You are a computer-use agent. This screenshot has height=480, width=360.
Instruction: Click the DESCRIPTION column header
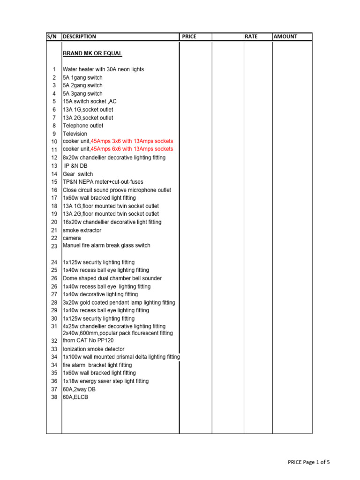pos(79,37)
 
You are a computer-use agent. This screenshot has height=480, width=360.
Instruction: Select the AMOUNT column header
pos(285,37)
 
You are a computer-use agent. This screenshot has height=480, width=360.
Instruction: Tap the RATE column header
pos(251,37)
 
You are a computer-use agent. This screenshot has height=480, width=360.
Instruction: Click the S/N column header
pos(51,37)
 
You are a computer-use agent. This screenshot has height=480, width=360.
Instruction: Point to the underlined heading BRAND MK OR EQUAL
pos(92,53)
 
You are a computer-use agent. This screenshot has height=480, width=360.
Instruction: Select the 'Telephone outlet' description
pos(83,126)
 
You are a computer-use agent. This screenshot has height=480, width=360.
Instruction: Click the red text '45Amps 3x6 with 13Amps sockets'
pos(132,141)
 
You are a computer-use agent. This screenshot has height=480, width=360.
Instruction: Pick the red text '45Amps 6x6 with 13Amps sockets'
pos(132,149)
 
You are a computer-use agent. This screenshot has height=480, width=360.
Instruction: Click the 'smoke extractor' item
pos(82,230)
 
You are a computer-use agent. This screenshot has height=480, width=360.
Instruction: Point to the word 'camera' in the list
pos(72,238)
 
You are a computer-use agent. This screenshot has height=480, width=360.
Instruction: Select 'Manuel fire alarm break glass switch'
pos(106,245)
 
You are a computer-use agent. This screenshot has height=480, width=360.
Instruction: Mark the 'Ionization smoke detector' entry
pos(94,349)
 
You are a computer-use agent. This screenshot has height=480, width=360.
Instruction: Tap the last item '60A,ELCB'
pos(75,397)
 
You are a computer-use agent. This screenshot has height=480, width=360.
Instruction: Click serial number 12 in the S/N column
pos(54,158)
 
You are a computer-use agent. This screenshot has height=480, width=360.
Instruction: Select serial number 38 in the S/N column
pos(54,397)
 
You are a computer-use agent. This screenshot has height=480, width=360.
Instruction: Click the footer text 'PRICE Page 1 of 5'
pos(308,462)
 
